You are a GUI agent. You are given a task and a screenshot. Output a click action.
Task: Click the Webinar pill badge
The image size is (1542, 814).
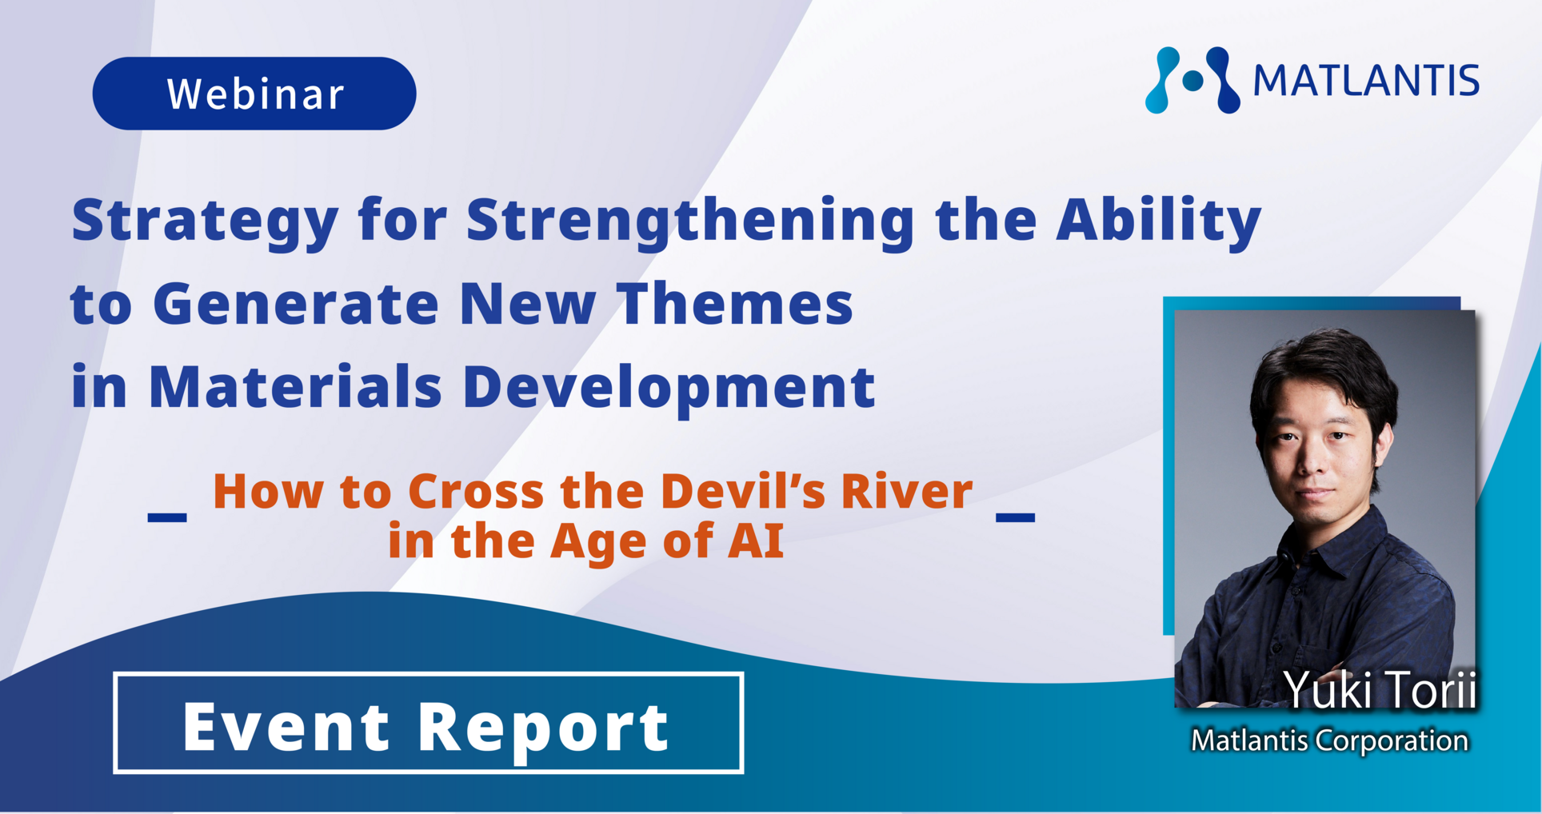(254, 94)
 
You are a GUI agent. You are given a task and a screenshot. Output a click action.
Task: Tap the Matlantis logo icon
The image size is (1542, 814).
(1192, 80)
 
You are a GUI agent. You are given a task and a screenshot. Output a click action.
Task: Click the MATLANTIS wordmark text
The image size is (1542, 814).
(1366, 81)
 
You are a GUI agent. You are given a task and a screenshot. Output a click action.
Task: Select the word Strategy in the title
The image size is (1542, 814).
(206, 221)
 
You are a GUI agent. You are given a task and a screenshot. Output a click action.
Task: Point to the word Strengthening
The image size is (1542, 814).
(691, 221)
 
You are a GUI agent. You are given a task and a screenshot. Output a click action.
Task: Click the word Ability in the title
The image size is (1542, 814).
(1159, 220)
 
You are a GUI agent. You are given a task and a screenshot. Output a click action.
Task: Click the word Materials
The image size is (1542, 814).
(295, 387)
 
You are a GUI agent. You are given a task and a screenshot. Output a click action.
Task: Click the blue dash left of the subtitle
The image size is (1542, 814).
(167, 517)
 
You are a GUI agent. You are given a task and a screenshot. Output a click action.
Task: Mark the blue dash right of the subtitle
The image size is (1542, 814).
(1015, 517)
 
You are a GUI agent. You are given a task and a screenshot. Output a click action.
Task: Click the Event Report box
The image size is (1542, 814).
(429, 723)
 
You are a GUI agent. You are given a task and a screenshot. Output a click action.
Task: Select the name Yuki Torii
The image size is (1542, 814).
(1380, 689)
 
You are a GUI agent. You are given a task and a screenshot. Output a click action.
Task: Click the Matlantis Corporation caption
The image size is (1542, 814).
(1329, 740)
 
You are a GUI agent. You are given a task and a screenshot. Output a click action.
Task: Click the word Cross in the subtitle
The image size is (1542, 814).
(476, 490)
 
